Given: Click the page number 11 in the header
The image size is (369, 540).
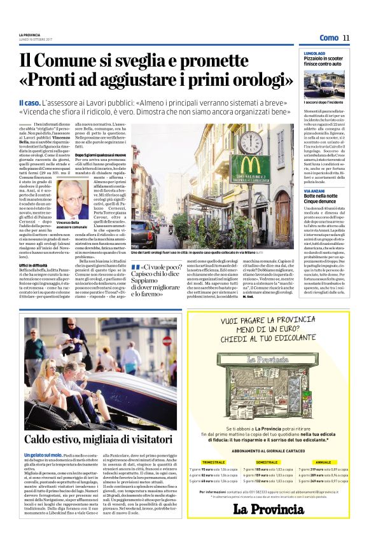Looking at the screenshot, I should tap(346, 38).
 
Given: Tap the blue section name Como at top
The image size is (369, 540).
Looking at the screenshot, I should tap(329, 38).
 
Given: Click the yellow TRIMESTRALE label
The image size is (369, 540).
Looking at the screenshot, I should tap(212, 462).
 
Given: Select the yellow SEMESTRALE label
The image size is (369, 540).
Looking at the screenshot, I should tap(267, 462).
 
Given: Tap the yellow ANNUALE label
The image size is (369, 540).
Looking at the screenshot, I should tap(323, 462).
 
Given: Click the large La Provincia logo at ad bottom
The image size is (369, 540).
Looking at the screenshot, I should tap(268, 509).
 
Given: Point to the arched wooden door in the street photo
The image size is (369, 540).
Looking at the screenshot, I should tap(281, 207).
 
